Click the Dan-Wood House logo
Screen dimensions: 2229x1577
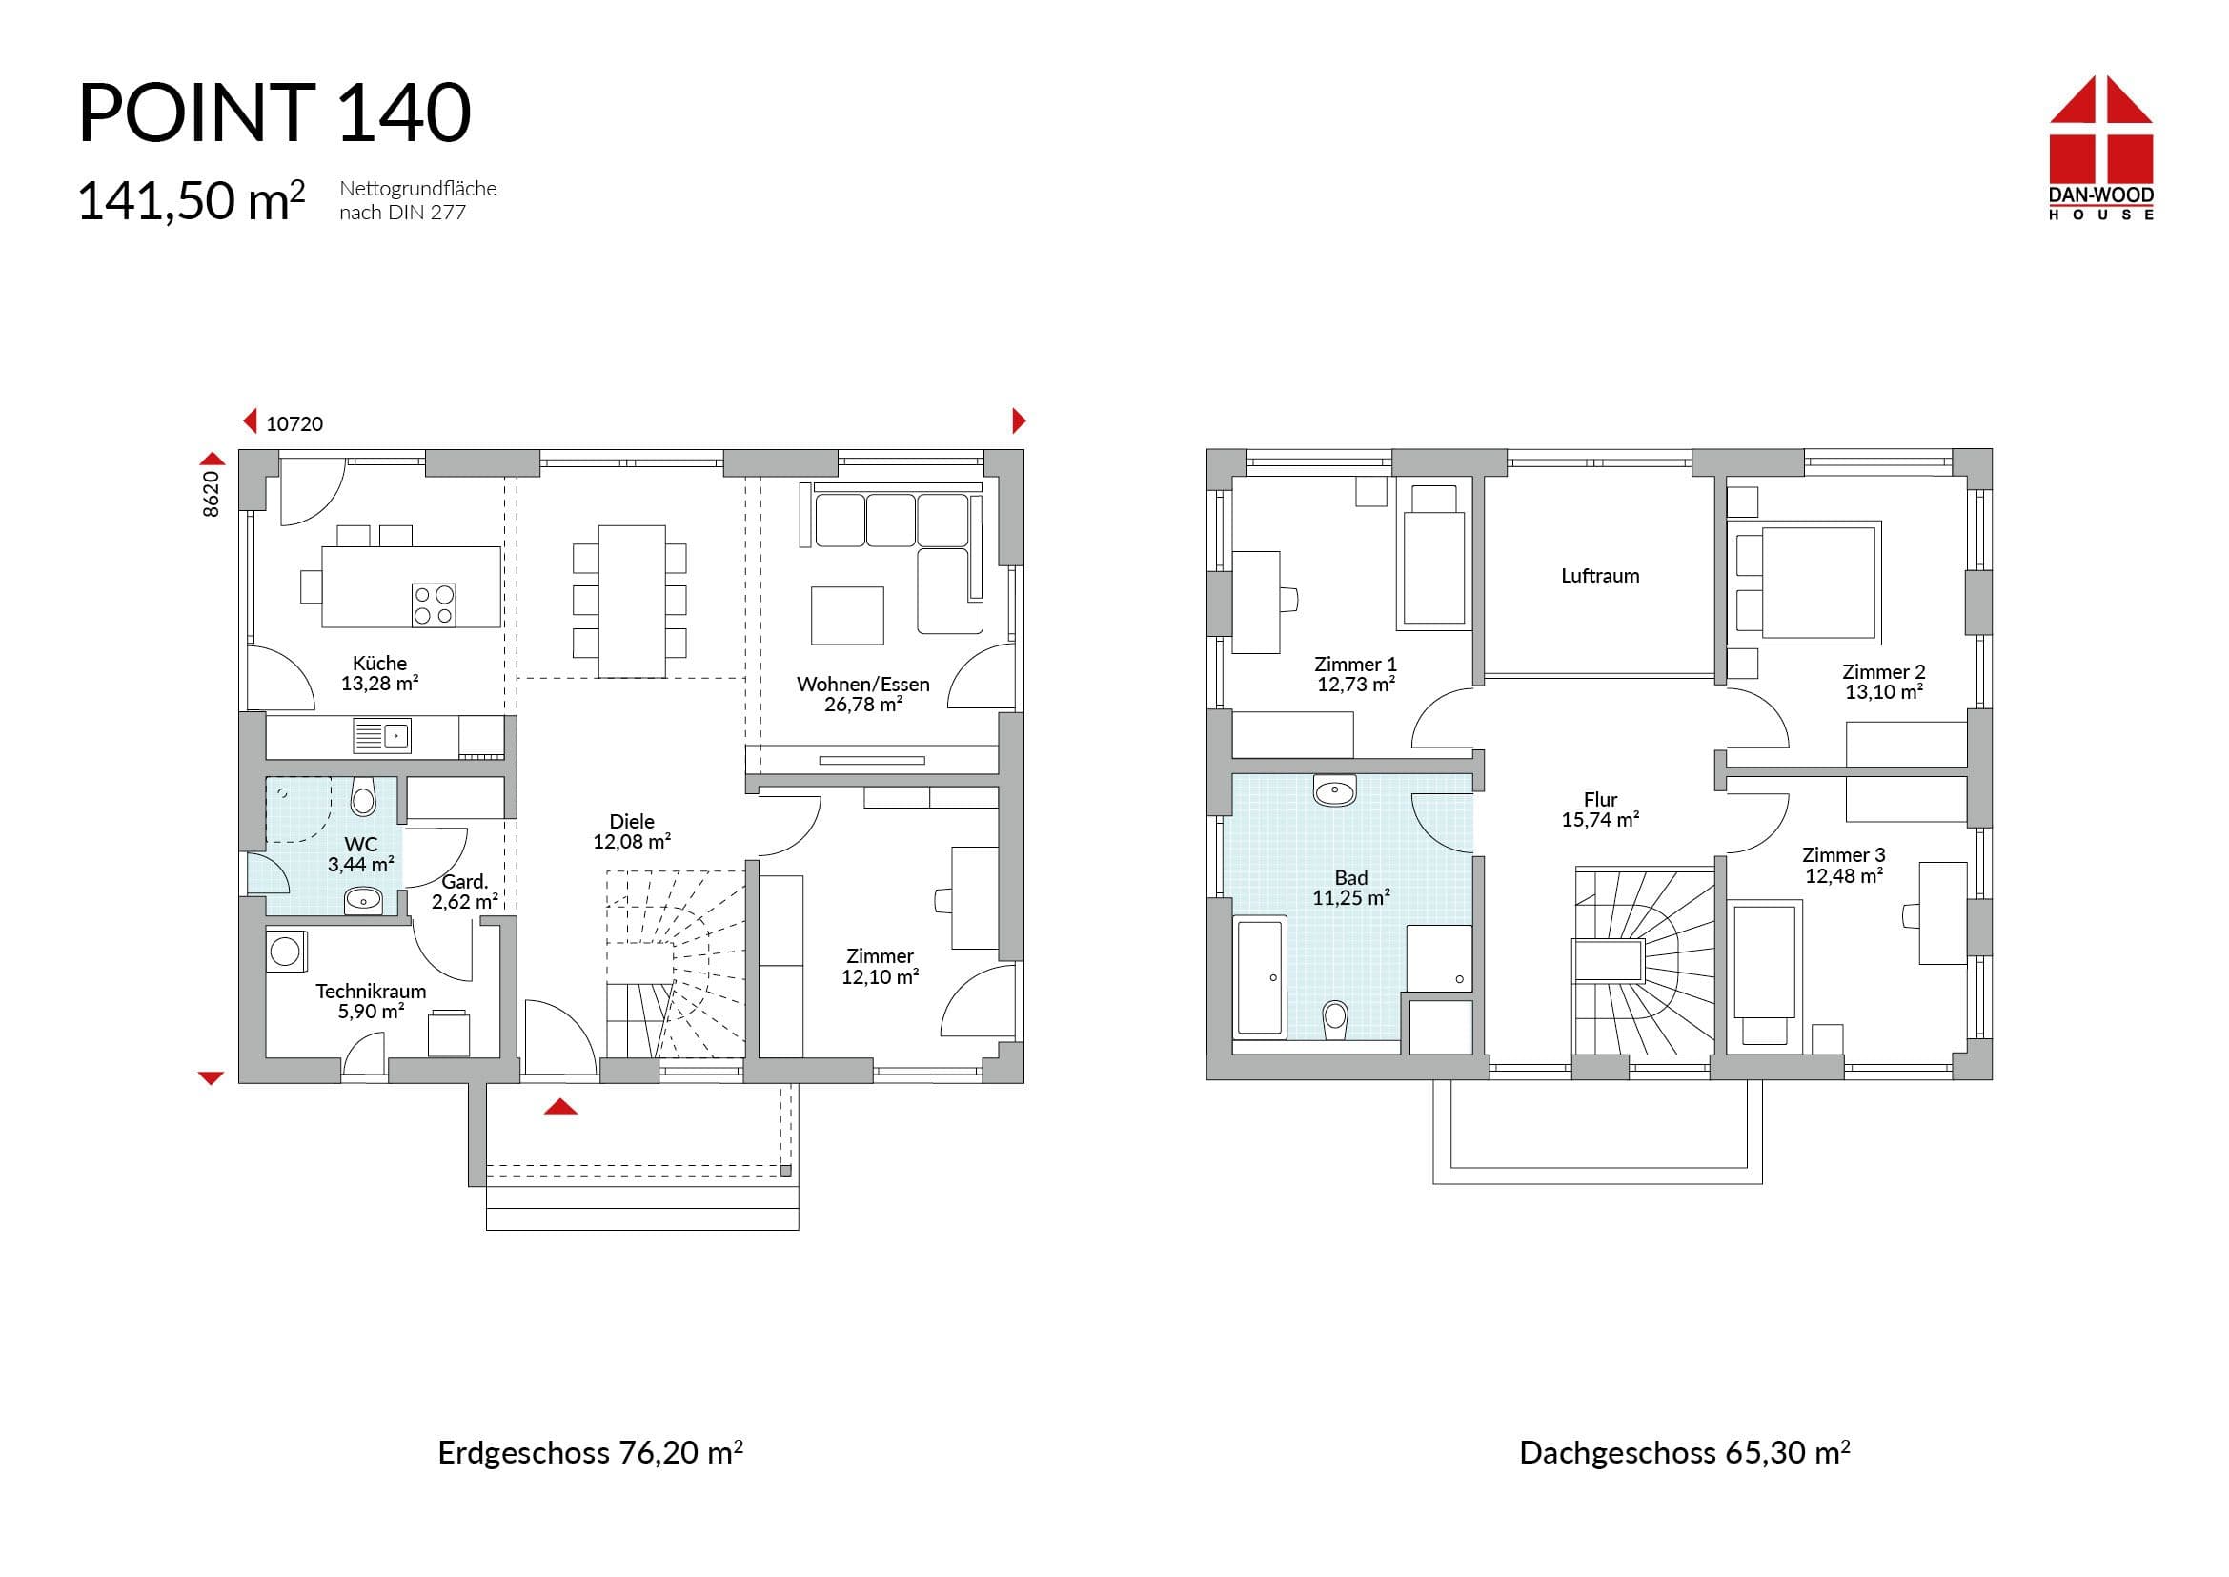[x=2101, y=148]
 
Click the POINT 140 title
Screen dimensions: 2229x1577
[x=274, y=113]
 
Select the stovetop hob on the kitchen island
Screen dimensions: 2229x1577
[x=434, y=605]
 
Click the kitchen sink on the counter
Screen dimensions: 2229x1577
[x=381, y=736]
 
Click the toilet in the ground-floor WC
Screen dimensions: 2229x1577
[x=364, y=795]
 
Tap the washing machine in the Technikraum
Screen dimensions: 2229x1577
[x=287, y=951]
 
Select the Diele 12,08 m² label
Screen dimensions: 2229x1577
[x=632, y=831]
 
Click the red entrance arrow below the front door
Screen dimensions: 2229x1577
[x=561, y=1106]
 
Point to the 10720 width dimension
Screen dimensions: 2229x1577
[x=294, y=424]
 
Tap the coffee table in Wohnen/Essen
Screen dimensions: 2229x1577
[x=847, y=615]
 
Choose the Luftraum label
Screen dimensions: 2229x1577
[x=1600, y=576]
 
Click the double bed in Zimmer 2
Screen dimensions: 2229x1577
[x=1805, y=583]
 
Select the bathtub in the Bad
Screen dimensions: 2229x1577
[x=1259, y=977]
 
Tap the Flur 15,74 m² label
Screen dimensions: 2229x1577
[x=1600, y=809]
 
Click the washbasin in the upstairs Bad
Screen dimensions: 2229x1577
[x=1335, y=790]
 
